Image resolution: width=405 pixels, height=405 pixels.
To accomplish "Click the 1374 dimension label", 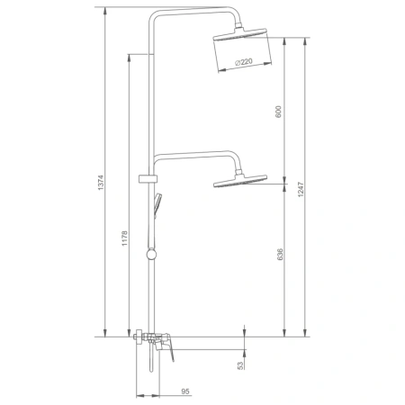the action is pos(101,183).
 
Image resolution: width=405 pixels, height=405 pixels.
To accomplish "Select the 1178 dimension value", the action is pos(124,238).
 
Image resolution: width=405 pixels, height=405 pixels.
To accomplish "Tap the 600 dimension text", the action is pos(278,112).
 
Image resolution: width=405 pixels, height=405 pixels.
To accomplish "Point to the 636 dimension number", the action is pos(280,255).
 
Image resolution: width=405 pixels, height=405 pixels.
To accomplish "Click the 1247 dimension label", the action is pos(301,189).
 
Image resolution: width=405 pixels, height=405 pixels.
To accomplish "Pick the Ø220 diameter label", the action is pos(244,62).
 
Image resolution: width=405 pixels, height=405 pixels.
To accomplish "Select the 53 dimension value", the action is pos(240,365).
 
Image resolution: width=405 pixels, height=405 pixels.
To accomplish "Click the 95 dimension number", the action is pos(185,391).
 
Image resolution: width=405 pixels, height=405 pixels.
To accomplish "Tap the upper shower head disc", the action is pos(239,34).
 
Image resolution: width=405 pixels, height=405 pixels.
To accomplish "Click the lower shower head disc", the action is pos(240,181).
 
